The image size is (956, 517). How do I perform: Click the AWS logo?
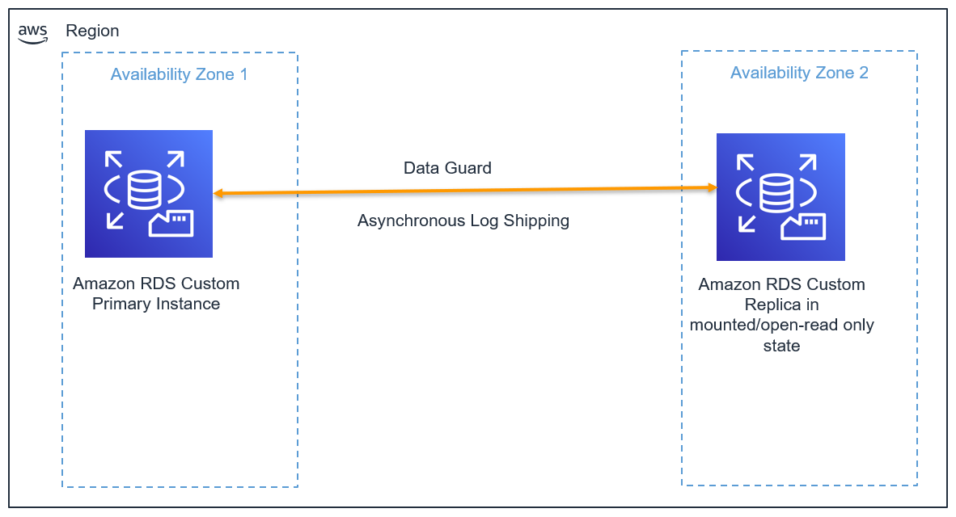pos(33,32)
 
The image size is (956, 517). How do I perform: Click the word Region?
pos(92,31)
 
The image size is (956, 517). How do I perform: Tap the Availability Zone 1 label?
pos(179,75)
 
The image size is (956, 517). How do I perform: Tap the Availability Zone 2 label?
pos(799,73)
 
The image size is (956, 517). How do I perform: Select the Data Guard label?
pos(447,168)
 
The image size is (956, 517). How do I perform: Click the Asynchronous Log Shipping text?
pos(463,221)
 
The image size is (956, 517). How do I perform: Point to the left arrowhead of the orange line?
pos(218,194)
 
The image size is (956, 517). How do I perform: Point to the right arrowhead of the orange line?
pos(713,187)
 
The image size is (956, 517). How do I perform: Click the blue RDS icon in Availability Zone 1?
pos(149,194)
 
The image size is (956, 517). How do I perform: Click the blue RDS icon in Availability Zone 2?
pos(780,197)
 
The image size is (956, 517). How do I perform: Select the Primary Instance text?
pos(156,305)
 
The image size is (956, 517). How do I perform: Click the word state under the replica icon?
pos(781,346)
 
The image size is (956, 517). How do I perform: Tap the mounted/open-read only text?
pos(781,326)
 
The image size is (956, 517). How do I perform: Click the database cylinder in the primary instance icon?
pos(144,187)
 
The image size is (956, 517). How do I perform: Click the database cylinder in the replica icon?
pos(776,191)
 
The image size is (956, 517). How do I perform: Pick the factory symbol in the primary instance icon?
pos(171,223)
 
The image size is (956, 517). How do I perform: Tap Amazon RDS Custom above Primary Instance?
pos(156,284)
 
